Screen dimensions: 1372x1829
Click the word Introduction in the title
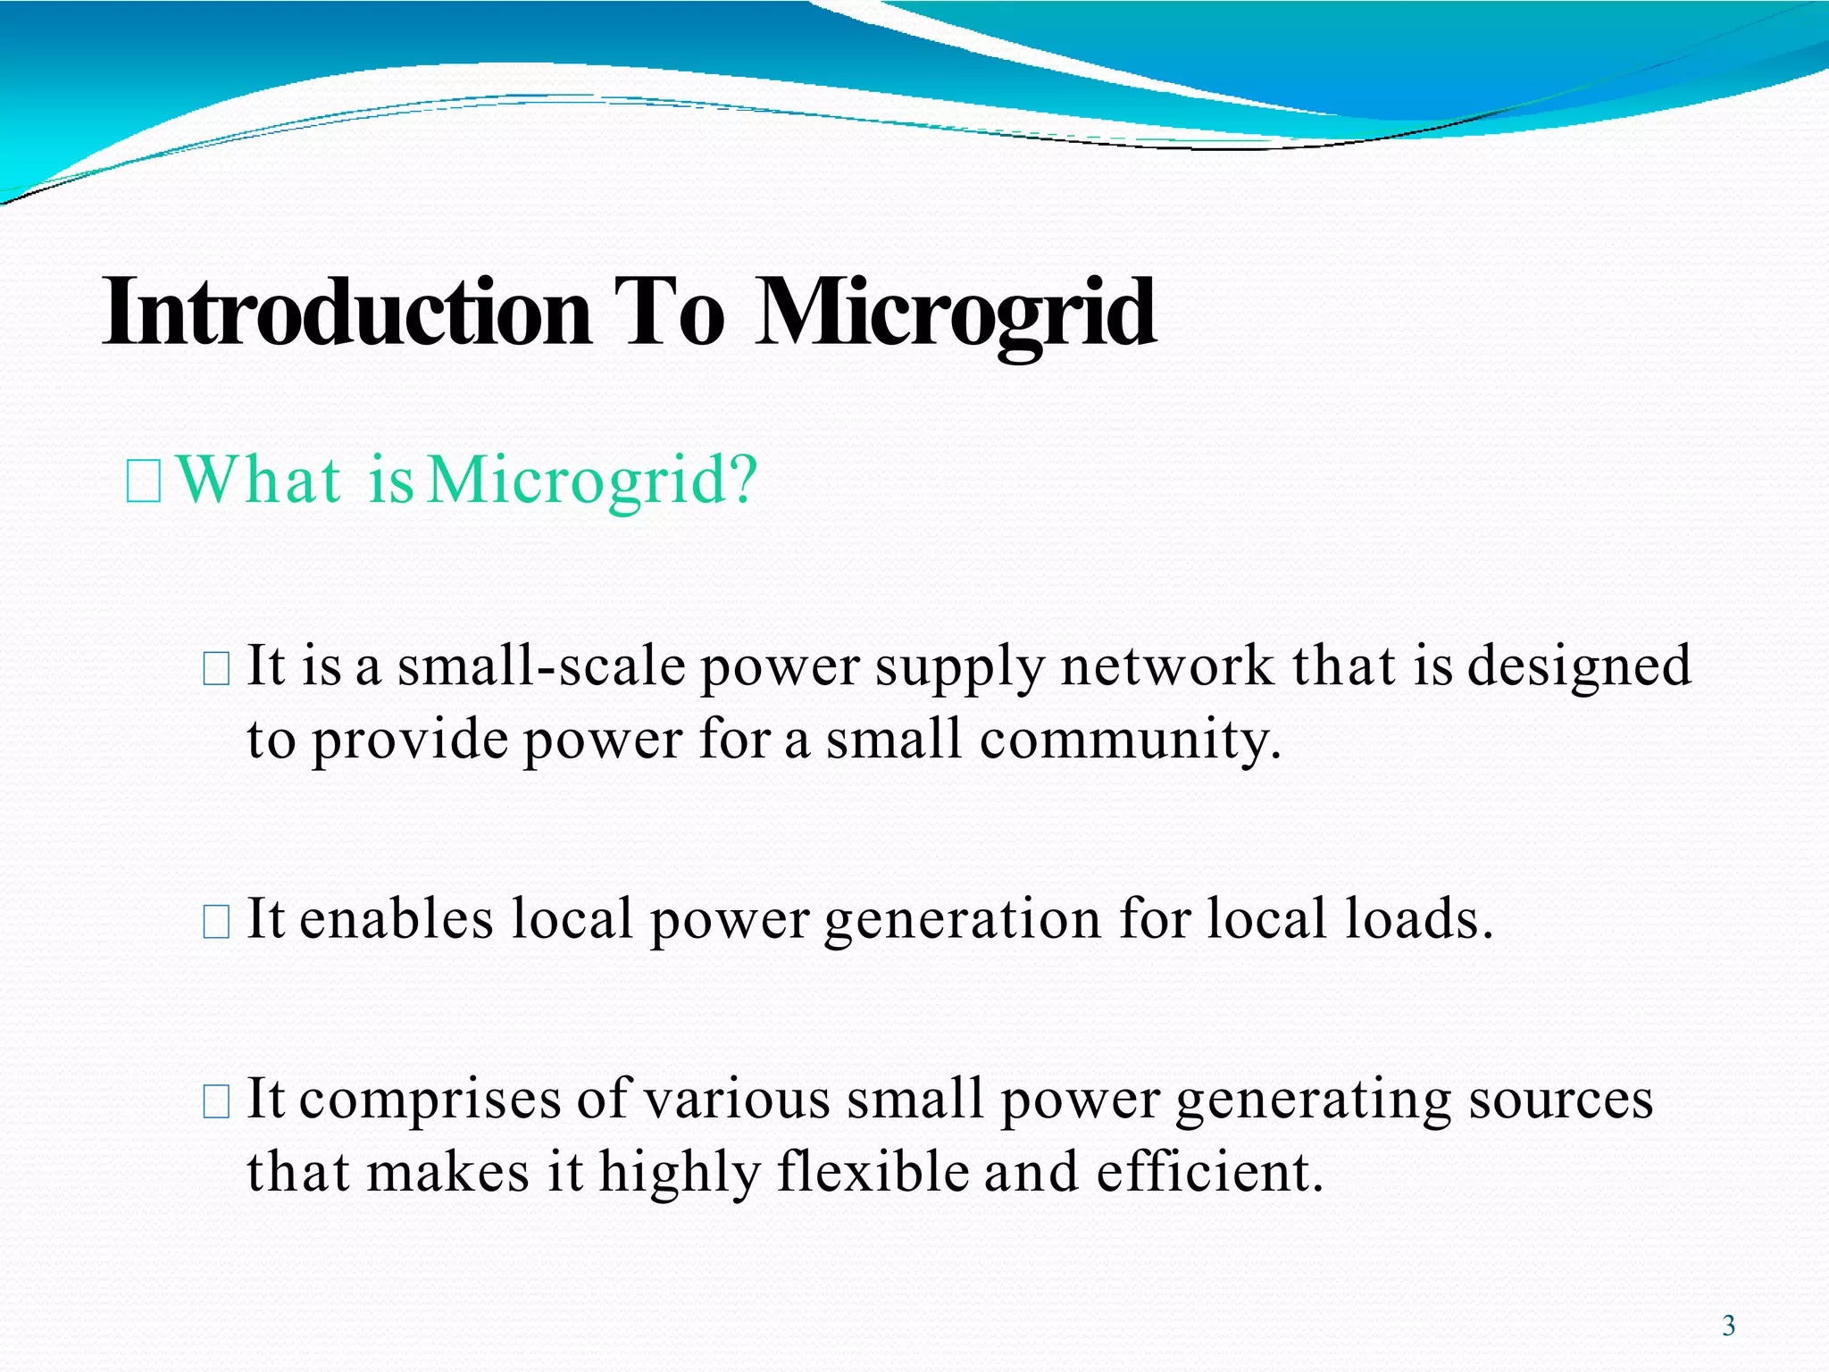pyautogui.click(x=347, y=313)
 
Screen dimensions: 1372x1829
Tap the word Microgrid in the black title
pyautogui.click(x=956, y=313)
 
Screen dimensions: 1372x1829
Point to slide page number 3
pyautogui.click(x=1728, y=1326)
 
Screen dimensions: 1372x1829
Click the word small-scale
pyautogui.click(x=541, y=666)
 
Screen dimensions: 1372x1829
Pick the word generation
pyautogui.click(x=963, y=920)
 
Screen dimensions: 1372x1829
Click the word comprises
pyautogui.click(x=430, y=1100)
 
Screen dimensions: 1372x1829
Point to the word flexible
pyautogui.click(x=873, y=1172)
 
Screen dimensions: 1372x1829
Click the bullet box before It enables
pyautogui.click(x=216, y=921)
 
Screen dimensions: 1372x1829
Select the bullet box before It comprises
pyautogui.click(x=216, y=1101)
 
